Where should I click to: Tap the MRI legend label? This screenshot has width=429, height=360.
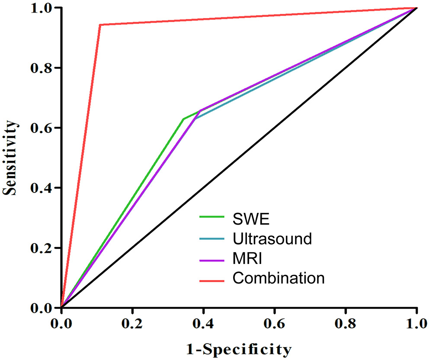247,259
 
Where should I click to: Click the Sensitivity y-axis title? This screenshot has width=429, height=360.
12,158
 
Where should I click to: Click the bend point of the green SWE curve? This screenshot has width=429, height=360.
183,119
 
